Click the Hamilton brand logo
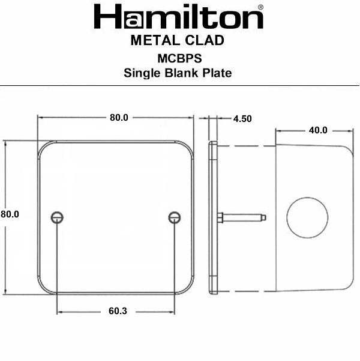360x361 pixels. pyautogui.click(x=178, y=17)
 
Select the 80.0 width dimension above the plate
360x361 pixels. pyautogui.click(x=119, y=118)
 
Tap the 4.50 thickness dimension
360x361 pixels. pyautogui.click(x=242, y=119)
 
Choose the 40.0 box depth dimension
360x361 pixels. pyautogui.click(x=318, y=130)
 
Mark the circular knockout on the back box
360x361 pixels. pyautogui.click(x=306, y=217)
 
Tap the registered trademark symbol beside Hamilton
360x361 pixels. pyautogui.click(x=259, y=8)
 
